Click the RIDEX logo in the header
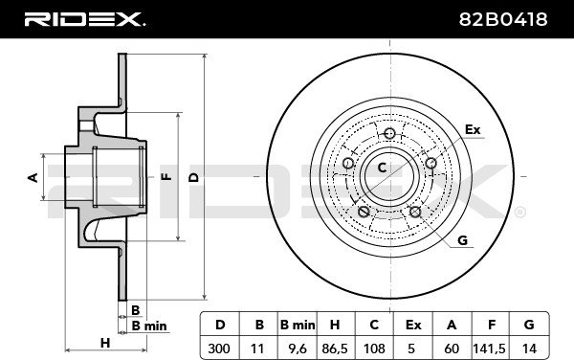[84, 19]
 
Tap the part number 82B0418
[503, 19]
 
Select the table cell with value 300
[220, 348]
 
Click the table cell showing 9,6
[298, 348]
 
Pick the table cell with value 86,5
[336, 348]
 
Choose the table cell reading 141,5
[490, 348]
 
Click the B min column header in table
[298, 325]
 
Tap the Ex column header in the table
[413, 325]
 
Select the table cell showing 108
[374, 348]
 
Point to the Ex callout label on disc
[473, 129]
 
